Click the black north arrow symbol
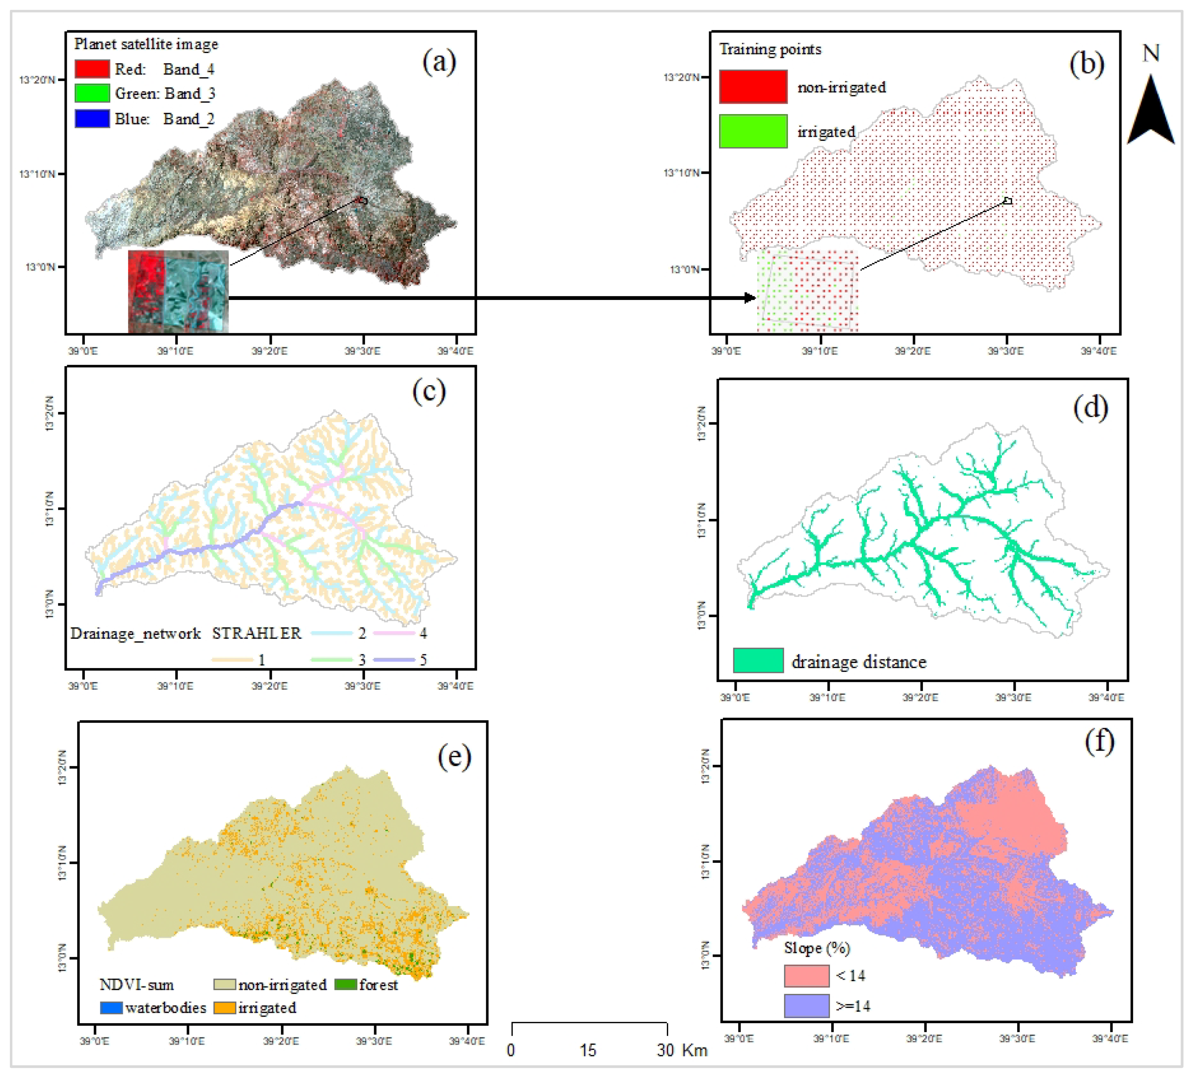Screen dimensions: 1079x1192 coord(1151,112)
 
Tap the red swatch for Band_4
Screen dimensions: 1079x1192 coord(92,69)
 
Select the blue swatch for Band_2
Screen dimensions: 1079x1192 coord(92,119)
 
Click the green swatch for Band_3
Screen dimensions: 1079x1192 coord(92,94)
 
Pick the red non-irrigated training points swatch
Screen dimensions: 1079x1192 coord(753,87)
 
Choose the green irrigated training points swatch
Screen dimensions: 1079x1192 coord(753,131)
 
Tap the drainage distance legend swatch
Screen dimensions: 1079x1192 coord(758,661)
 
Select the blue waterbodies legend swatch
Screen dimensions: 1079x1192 coord(111,1007)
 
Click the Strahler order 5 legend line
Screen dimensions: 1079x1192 coord(394,659)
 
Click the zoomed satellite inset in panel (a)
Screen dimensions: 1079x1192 coord(178,291)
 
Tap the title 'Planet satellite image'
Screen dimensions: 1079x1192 coord(146,44)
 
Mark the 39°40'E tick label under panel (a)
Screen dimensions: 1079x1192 coord(455,351)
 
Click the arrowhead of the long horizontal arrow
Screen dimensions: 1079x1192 coord(750,298)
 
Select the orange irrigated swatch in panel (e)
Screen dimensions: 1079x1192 coord(225,1007)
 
